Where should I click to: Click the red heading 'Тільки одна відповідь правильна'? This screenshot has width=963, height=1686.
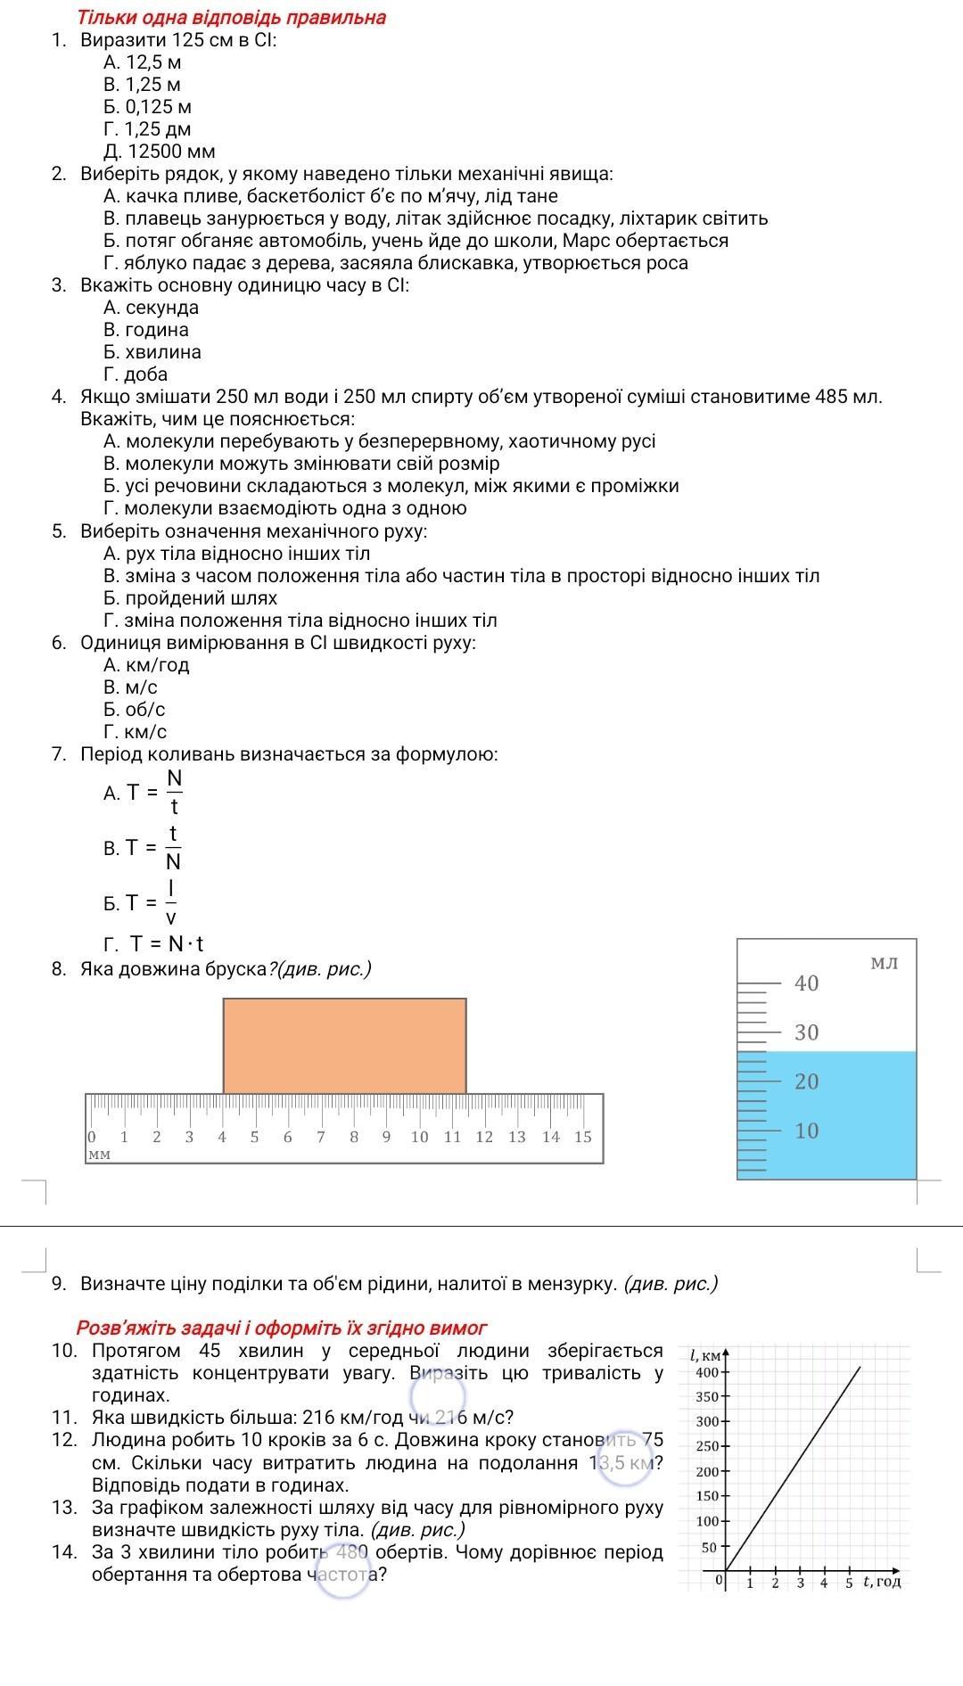pyautogui.click(x=232, y=18)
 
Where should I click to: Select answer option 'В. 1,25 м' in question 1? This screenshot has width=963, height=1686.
pyautogui.click(x=143, y=85)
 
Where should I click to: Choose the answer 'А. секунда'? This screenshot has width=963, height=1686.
pyautogui.click(x=151, y=308)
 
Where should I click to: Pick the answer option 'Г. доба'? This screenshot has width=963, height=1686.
pyautogui.click(x=136, y=374)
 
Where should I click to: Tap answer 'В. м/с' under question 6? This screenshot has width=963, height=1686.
pyautogui.click(x=130, y=687)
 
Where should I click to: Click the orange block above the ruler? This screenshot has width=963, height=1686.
pyautogui.click(x=344, y=1045)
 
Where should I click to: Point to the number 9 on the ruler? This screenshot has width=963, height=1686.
pyautogui.click(x=386, y=1137)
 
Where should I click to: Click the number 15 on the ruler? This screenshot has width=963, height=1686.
pyautogui.click(x=582, y=1137)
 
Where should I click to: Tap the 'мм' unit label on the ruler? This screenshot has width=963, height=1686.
pyautogui.click(x=99, y=1154)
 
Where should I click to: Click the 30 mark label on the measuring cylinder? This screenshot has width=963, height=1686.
pyautogui.click(x=806, y=1032)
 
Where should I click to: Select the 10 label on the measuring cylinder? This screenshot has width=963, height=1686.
pyautogui.click(x=806, y=1131)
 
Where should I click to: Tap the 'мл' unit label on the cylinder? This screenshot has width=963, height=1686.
pyautogui.click(x=884, y=963)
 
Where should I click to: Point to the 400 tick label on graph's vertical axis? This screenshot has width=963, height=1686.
pyautogui.click(x=707, y=1371)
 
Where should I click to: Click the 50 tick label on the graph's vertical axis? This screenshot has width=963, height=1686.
pyautogui.click(x=709, y=1547)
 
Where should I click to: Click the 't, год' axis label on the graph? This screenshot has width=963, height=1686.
pyautogui.click(x=882, y=1582)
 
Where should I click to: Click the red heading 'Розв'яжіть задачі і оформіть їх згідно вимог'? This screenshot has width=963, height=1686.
pyautogui.click(x=282, y=1328)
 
